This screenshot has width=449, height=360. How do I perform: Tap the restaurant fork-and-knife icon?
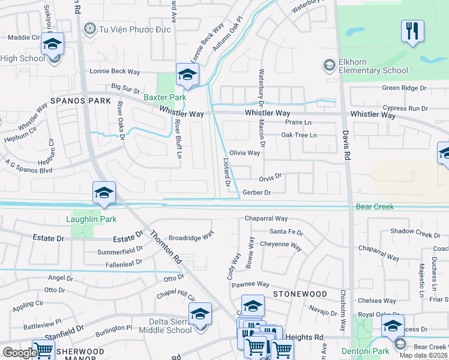tap(412, 31)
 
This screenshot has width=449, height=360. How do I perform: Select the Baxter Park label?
tap(164, 97)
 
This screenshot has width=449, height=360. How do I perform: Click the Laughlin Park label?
tap(91, 219)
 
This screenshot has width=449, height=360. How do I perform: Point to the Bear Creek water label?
tap(375, 206)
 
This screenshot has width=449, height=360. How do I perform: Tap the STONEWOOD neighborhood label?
tap(300, 294)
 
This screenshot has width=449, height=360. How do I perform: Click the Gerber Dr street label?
tap(258, 193)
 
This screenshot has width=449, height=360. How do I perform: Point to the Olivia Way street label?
tap(245, 152)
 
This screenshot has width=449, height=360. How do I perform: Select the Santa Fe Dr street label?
tap(286, 232)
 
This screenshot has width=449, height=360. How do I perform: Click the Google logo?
tap(20, 353)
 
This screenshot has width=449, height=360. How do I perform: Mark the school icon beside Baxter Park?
tap(187, 75)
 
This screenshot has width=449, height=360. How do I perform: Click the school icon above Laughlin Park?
tap(103, 193)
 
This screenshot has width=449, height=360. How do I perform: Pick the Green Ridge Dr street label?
tap(405, 88)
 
